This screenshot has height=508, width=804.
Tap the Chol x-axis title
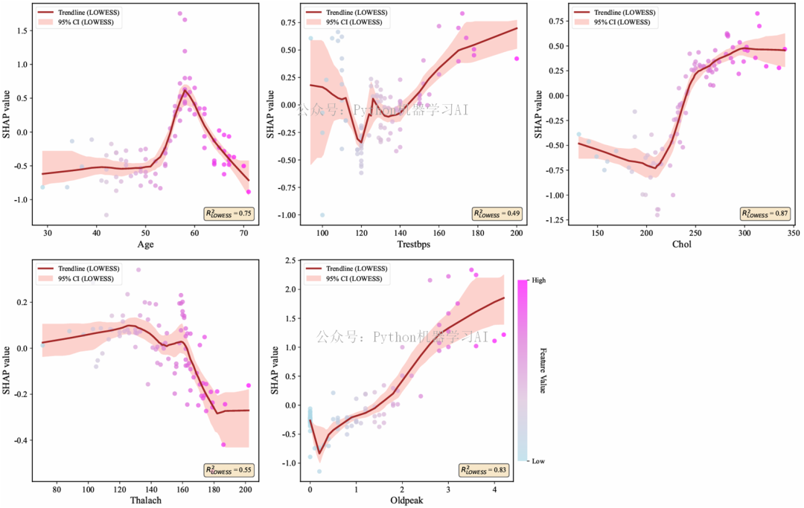[681, 244]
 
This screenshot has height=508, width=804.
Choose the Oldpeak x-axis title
[407, 500]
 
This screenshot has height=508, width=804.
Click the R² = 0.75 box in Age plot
[229, 213]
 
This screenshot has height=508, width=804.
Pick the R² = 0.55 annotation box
[229, 470]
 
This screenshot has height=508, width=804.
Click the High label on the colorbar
[540, 280]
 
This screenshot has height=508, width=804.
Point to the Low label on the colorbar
[539, 461]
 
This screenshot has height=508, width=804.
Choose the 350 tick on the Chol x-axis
[793, 234]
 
